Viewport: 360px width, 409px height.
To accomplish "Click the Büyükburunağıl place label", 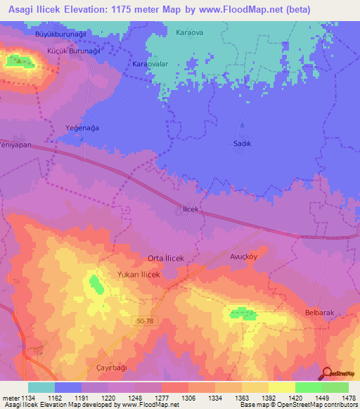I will [60, 33].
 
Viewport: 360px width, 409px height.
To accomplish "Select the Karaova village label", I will [190, 32].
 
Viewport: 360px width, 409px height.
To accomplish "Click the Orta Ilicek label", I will [166, 259].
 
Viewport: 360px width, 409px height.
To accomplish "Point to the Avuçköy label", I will [245, 257].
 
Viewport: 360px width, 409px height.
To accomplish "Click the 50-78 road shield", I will [143, 321].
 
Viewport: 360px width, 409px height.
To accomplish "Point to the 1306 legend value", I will [188, 397].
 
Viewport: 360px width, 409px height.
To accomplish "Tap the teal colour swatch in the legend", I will [41, 387].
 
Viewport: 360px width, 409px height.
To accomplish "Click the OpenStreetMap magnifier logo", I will [326, 372].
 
